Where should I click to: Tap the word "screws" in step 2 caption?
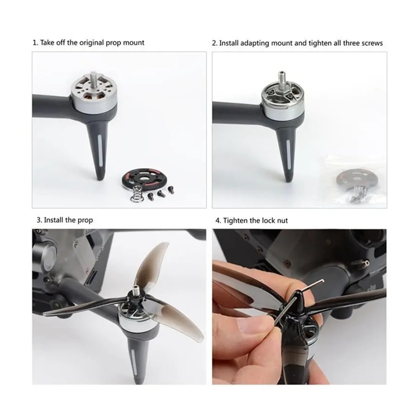(372, 43)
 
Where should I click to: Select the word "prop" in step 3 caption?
(85, 220)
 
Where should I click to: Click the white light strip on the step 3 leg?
(133, 362)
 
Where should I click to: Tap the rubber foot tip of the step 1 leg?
(101, 176)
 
